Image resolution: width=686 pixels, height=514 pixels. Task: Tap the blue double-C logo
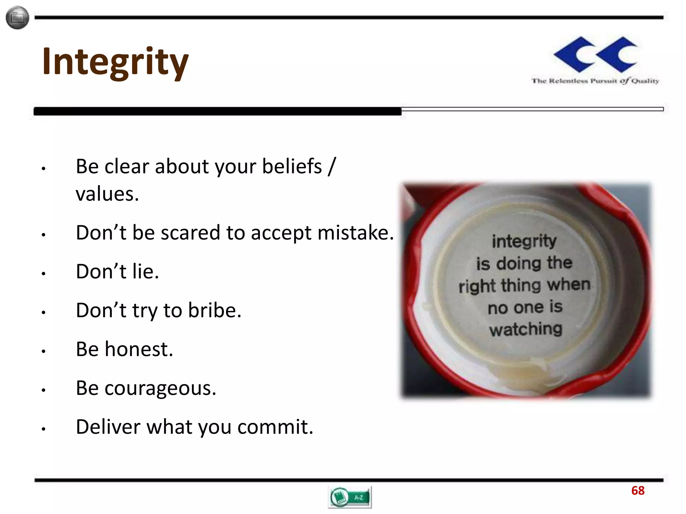595,54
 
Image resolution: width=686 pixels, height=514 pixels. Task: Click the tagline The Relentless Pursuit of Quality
595,81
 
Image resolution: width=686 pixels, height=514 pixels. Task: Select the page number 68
638,491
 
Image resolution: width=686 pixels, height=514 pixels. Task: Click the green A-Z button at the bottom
350,497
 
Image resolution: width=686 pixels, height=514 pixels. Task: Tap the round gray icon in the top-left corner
17,17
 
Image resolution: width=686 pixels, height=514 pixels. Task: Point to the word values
107,194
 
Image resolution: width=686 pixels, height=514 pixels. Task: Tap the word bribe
214,310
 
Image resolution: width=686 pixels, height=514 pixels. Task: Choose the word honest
138,349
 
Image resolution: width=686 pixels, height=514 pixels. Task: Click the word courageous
160,389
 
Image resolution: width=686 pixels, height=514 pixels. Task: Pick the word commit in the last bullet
275,427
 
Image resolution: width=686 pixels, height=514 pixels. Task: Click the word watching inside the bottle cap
526,329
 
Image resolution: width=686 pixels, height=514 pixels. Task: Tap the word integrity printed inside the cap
524,241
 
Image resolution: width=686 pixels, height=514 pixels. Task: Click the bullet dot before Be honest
43,351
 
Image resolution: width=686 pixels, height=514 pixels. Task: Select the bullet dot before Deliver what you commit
43,429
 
